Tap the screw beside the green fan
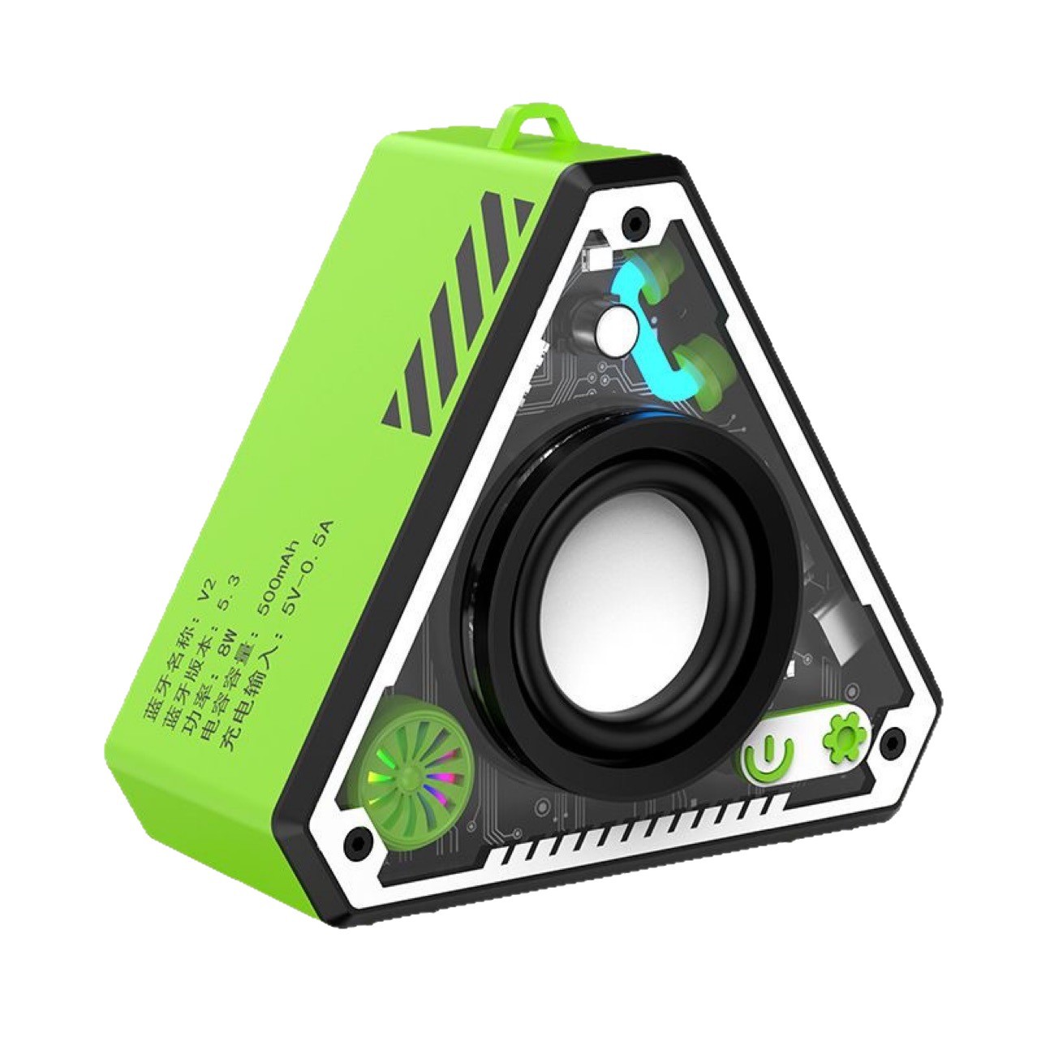(x=355, y=837)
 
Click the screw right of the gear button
(x=893, y=738)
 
